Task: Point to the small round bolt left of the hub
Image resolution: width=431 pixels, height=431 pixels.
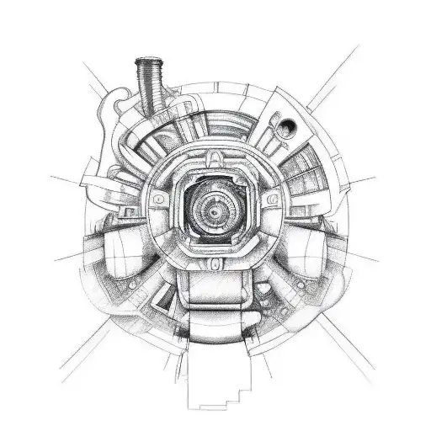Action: click(x=157, y=200)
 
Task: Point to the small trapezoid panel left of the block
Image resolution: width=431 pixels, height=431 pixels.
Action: click(x=164, y=290)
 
